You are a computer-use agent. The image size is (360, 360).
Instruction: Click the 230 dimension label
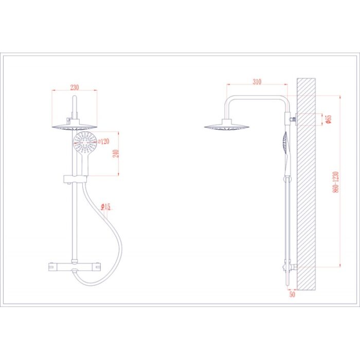pyautogui.click(x=75, y=87)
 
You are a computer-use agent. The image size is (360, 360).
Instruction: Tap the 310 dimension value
pyautogui.click(x=257, y=82)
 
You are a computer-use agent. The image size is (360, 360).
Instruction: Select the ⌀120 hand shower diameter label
pyautogui.click(x=103, y=141)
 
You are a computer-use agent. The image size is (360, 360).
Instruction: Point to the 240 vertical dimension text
pyautogui.click(x=116, y=154)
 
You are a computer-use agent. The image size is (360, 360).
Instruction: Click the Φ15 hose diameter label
pyautogui.click(x=106, y=207)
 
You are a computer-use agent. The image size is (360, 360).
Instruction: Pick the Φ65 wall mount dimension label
pyautogui.click(x=329, y=119)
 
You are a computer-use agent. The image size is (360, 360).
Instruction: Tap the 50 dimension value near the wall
pyautogui.click(x=292, y=294)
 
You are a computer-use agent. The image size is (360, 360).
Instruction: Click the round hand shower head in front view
pyautogui.click(x=85, y=143)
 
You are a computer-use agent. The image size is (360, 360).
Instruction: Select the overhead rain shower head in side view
pyautogui.click(x=227, y=125)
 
